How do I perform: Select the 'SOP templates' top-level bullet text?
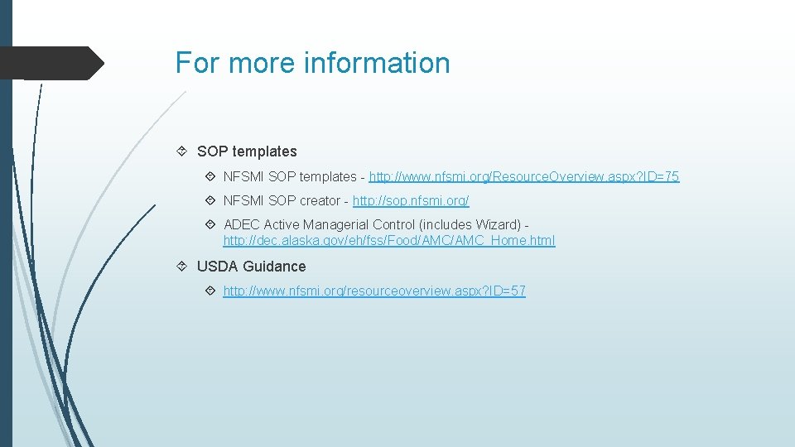[x=247, y=151]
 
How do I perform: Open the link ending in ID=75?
[x=524, y=176]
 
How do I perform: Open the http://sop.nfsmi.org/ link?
[x=411, y=200]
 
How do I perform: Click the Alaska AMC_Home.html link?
[x=389, y=241]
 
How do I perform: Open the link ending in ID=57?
[x=374, y=291]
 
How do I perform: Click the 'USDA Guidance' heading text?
[x=251, y=267]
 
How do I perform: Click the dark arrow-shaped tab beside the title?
[x=54, y=63]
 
